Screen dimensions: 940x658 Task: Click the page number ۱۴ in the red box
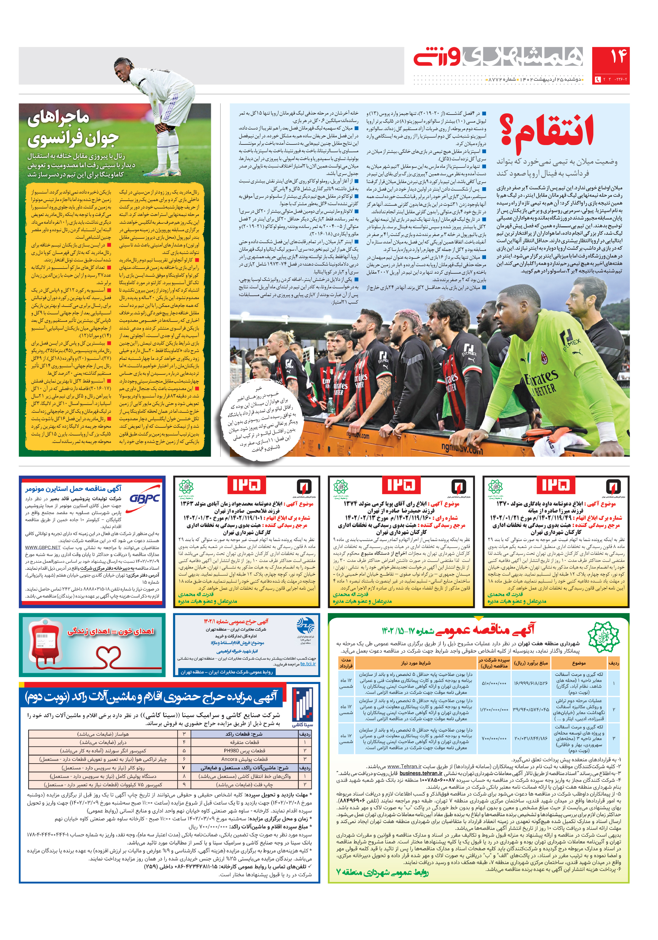pos(610,58)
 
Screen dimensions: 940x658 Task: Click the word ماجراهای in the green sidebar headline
pos(59,119)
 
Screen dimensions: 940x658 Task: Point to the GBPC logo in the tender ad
pos(144,499)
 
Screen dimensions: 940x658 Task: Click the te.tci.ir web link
pos(308,664)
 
